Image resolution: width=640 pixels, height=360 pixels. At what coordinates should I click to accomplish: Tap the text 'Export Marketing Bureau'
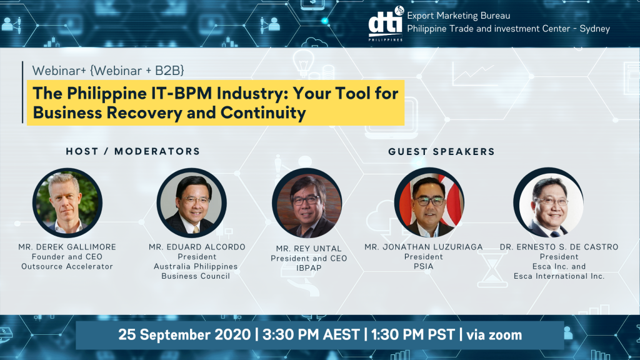458,16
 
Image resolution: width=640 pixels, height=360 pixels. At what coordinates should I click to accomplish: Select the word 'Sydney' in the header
595,29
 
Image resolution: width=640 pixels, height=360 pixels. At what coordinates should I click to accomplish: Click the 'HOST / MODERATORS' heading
133,151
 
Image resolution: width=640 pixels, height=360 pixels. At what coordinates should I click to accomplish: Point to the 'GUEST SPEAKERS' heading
441,152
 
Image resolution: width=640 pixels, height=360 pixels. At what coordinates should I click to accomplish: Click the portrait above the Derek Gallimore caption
67,203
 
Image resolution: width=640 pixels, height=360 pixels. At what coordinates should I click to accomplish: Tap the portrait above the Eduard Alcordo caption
191,203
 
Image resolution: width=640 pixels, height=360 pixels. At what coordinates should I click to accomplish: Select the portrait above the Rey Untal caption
307,203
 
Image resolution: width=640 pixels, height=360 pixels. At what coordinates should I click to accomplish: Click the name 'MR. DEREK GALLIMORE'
67,247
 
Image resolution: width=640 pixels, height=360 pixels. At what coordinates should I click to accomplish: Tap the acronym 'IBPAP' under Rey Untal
309,268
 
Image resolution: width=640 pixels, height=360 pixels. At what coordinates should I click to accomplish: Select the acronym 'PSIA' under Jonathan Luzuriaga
423,266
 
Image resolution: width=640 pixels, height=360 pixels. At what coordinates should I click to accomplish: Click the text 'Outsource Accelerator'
67,266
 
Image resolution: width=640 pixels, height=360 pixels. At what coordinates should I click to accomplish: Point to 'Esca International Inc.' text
559,276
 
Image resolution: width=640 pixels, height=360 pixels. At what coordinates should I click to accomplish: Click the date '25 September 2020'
184,335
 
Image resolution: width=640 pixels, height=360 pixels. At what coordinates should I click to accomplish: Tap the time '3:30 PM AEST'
311,335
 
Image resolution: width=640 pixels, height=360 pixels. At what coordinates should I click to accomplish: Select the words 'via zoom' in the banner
494,335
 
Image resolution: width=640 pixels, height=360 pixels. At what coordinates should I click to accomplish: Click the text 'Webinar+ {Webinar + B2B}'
108,71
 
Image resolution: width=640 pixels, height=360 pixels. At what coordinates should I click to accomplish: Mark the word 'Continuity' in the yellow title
263,112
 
